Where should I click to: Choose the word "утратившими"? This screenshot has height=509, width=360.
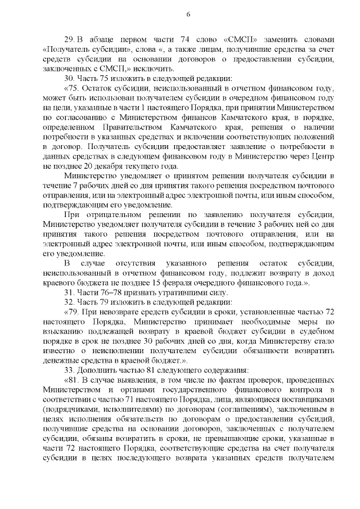pos(176,293)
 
